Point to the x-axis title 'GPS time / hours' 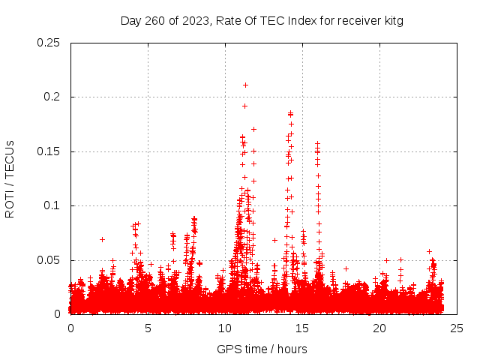click(x=262, y=349)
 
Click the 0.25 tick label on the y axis click(x=49, y=43)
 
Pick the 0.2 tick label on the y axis click(x=52, y=97)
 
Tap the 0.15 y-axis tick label click(x=49, y=151)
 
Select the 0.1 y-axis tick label click(x=52, y=206)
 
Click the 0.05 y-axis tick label click(x=49, y=260)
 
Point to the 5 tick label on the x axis click(x=148, y=328)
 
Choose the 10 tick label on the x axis click(x=225, y=328)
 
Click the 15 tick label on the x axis click(x=302, y=328)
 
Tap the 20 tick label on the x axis click(x=379, y=328)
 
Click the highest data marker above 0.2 click(x=245, y=85)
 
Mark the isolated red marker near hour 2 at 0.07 click(x=102, y=239)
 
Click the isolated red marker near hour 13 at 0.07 click(x=274, y=240)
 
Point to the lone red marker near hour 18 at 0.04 click(x=346, y=268)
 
